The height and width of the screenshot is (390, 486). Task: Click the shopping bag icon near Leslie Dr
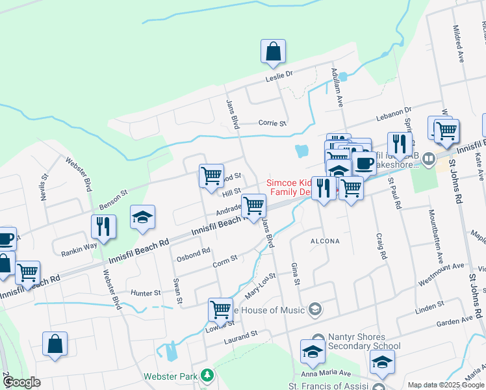274,52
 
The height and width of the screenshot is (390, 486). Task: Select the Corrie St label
268,122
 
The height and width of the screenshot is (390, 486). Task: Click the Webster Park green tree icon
207,375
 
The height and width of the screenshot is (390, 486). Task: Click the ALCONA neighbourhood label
326,241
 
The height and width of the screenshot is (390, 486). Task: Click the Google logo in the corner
22,382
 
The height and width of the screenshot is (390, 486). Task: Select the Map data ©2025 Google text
445,385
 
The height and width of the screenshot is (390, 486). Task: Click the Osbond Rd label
194,252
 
